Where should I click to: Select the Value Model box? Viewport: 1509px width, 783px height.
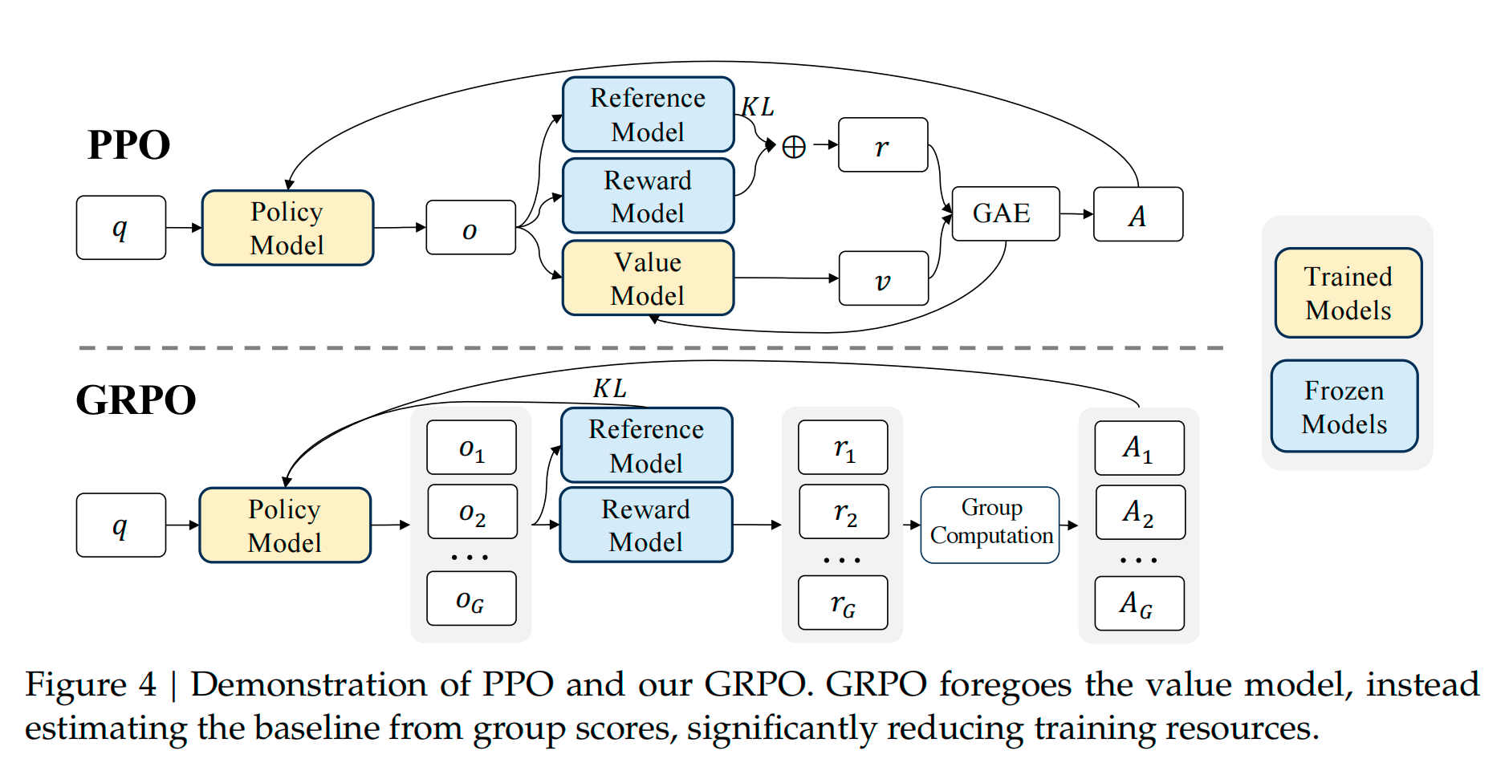click(648, 278)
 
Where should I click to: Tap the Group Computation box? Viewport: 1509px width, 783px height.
click(990, 525)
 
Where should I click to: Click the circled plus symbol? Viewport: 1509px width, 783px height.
click(793, 147)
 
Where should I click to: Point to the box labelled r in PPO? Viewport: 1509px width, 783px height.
click(883, 146)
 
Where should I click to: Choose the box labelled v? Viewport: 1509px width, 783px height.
click(883, 279)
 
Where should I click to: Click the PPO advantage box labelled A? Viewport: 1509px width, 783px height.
click(1137, 215)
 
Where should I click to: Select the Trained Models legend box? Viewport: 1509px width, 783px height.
click(1348, 294)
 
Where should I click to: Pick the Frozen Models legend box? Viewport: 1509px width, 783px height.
click(1344, 407)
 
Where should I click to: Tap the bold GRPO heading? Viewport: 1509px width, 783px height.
click(136, 400)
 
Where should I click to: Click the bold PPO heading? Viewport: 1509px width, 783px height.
click(128, 145)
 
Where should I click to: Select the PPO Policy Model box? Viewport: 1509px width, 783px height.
click(287, 228)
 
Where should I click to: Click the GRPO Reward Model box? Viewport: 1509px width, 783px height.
click(646, 525)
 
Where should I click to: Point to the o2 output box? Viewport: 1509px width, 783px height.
click(472, 513)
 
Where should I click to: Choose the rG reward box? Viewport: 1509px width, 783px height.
click(843, 603)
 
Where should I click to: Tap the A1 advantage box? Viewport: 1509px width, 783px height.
click(1138, 448)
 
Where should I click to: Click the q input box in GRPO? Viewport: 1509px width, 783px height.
click(120, 525)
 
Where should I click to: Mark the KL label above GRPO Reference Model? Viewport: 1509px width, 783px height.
click(609, 389)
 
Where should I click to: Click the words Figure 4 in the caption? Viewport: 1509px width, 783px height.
click(91, 684)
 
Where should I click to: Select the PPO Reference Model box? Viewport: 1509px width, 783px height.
click(648, 115)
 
